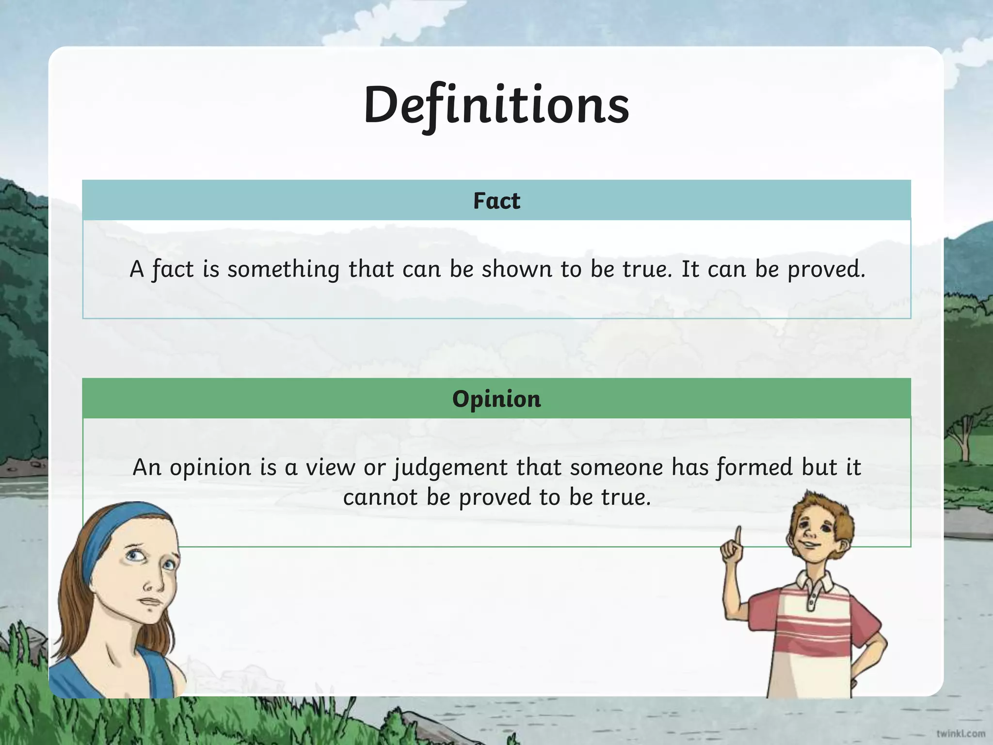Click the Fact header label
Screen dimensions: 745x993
point(496,201)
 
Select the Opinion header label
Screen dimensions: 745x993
point(496,399)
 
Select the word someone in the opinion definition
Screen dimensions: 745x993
point(616,468)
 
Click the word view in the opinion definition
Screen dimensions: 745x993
point(330,468)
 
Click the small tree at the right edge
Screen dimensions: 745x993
point(962,432)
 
